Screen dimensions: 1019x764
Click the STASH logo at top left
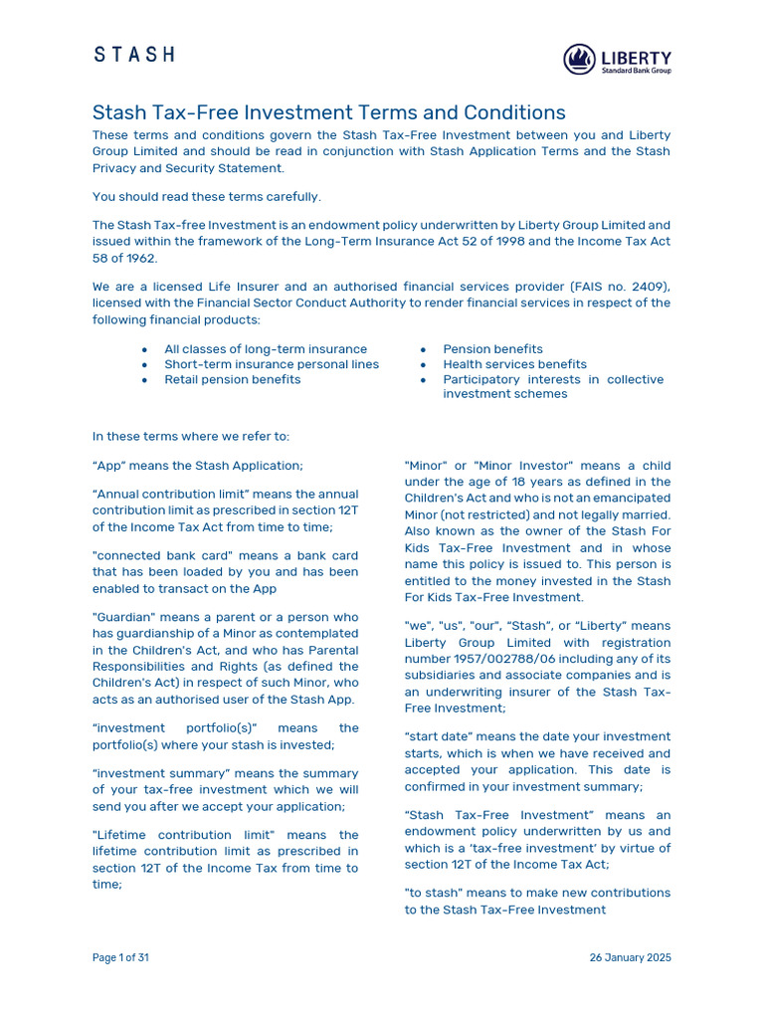click(x=134, y=55)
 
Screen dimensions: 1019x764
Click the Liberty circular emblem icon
click(x=579, y=60)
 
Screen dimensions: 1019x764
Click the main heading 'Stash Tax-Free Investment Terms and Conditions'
click(x=328, y=112)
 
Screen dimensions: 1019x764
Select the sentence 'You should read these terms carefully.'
click(x=207, y=196)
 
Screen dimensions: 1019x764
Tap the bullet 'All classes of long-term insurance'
click(x=266, y=349)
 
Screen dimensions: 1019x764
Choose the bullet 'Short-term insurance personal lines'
click(x=272, y=364)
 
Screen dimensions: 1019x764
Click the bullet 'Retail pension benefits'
click(x=232, y=379)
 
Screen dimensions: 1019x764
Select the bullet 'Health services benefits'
click(x=514, y=364)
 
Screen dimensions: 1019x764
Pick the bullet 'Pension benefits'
click(x=492, y=349)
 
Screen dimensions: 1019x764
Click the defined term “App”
click(x=110, y=465)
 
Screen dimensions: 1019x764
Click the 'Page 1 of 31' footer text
click(x=120, y=957)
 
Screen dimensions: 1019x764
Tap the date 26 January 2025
click(x=630, y=957)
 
